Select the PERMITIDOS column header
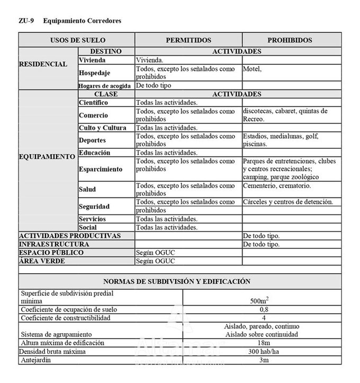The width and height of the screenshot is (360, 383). click(188, 40)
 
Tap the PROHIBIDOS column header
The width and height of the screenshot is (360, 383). click(290, 40)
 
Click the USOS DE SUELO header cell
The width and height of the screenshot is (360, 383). click(77, 40)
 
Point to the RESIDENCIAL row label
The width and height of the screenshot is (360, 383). click(43, 64)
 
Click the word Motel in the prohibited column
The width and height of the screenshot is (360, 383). click(253, 69)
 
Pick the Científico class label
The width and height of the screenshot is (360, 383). click(93, 102)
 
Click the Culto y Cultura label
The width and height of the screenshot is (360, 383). click(103, 128)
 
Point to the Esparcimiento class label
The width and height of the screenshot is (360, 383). click(101, 170)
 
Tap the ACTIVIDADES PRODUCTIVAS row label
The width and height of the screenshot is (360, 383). click(70, 236)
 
